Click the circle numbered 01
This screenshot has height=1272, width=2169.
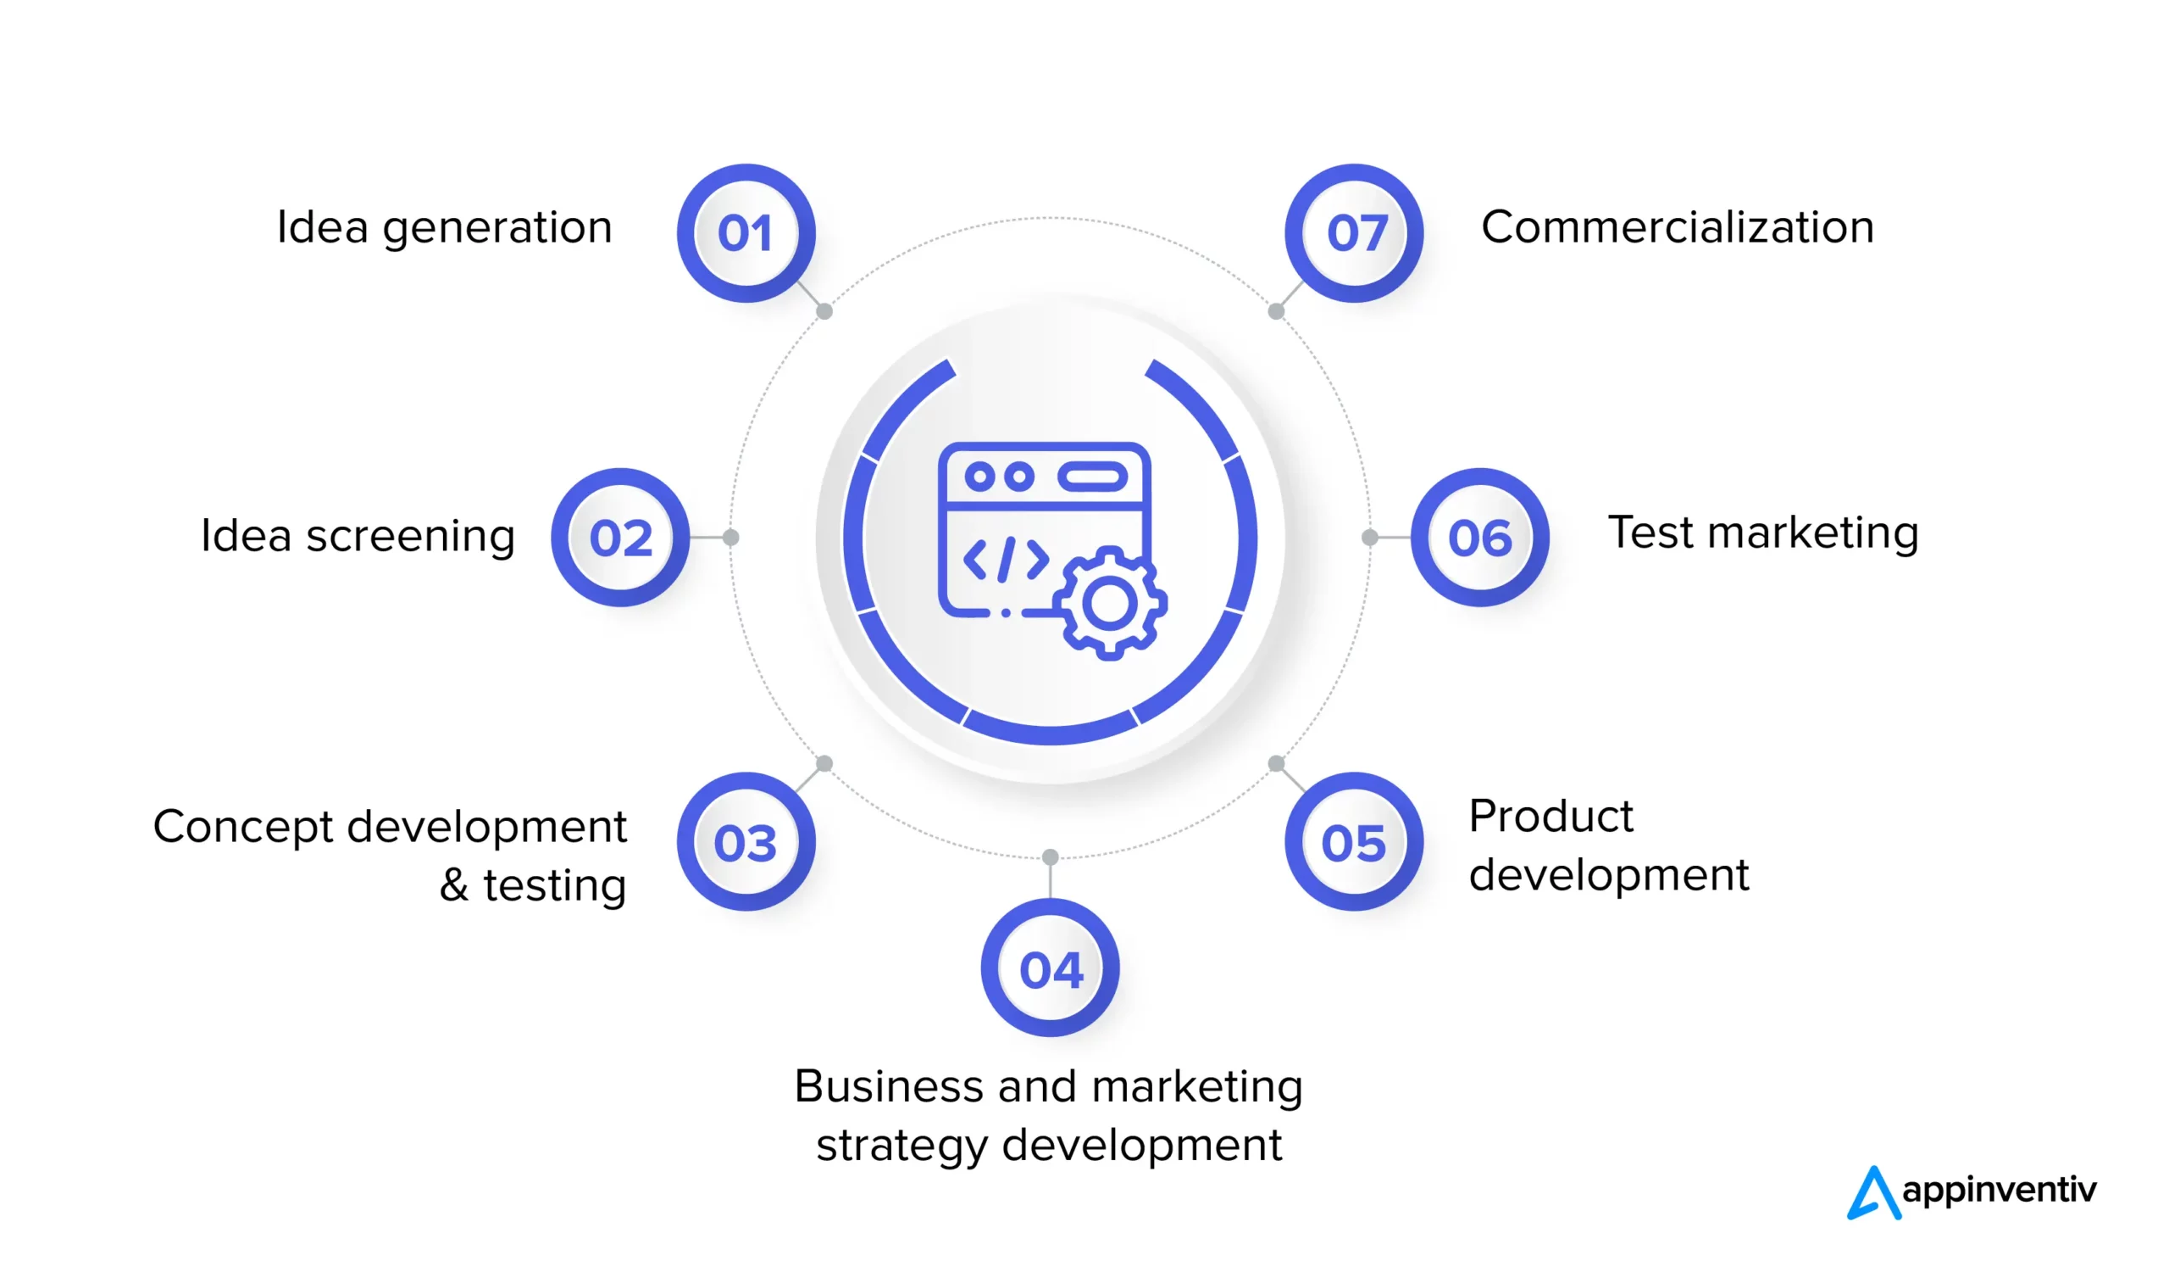tap(746, 233)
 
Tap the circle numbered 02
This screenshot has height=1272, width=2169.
tap(619, 538)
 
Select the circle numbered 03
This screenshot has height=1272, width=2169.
tap(746, 841)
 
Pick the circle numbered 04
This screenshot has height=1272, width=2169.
tap(1050, 968)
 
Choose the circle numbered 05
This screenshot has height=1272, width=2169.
tap(1354, 841)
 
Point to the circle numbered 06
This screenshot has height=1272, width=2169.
tap(1479, 538)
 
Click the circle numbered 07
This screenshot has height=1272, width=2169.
tap(1354, 233)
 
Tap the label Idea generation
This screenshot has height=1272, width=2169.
tap(444, 228)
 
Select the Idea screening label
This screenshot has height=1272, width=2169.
tap(358, 536)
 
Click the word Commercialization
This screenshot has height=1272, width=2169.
tap(1678, 227)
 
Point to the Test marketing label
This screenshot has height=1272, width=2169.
tap(1763, 533)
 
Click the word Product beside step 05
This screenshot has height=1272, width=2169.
tap(1550, 816)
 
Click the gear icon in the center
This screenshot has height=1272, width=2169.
tap(1109, 604)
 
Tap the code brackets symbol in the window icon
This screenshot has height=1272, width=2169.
tap(1006, 560)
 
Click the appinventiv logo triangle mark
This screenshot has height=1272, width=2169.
tap(1873, 1195)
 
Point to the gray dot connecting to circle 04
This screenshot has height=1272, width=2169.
tap(1050, 856)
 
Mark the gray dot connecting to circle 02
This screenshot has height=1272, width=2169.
tap(730, 538)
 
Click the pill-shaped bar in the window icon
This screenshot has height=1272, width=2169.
tap(1092, 477)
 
